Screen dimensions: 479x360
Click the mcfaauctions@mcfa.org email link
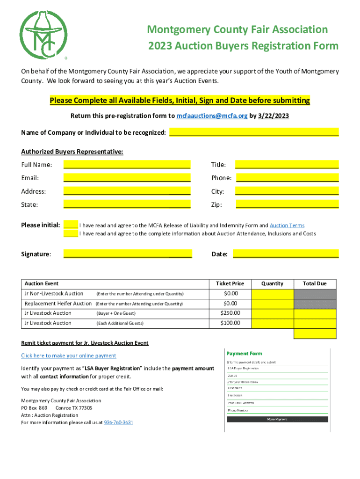pyautogui.click(x=212, y=116)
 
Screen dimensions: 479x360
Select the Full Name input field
pyautogui.click(x=127, y=164)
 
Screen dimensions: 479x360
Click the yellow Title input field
pyautogui.click(x=287, y=164)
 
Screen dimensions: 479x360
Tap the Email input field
pyautogui.click(x=127, y=178)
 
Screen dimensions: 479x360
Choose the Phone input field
pyautogui.click(x=288, y=178)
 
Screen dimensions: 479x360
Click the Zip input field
pyautogui.click(x=287, y=204)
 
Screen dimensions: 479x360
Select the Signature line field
pyautogui.click(x=127, y=254)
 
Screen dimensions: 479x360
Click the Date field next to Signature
pyautogui.click(x=285, y=254)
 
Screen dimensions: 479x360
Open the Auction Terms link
pyautogui.click(x=287, y=225)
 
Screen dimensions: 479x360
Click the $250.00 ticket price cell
pyautogui.click(x=230, y=313)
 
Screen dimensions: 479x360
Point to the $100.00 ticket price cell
pyautogui.click(x=230, y=323)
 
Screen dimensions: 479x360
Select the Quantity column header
pyautogui.click(x=272, y=283)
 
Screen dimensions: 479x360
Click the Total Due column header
pyautogui.click(x=315, y=283)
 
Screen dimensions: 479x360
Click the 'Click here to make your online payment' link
pyautogui.click(x=69, y=356)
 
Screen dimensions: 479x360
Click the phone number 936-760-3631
pyautogui.click(x=118, y=422)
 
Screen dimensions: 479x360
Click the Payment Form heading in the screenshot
pyautogui.click(x=245, y=354)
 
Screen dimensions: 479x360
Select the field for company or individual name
pyautogui.click(x=254, y=132)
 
